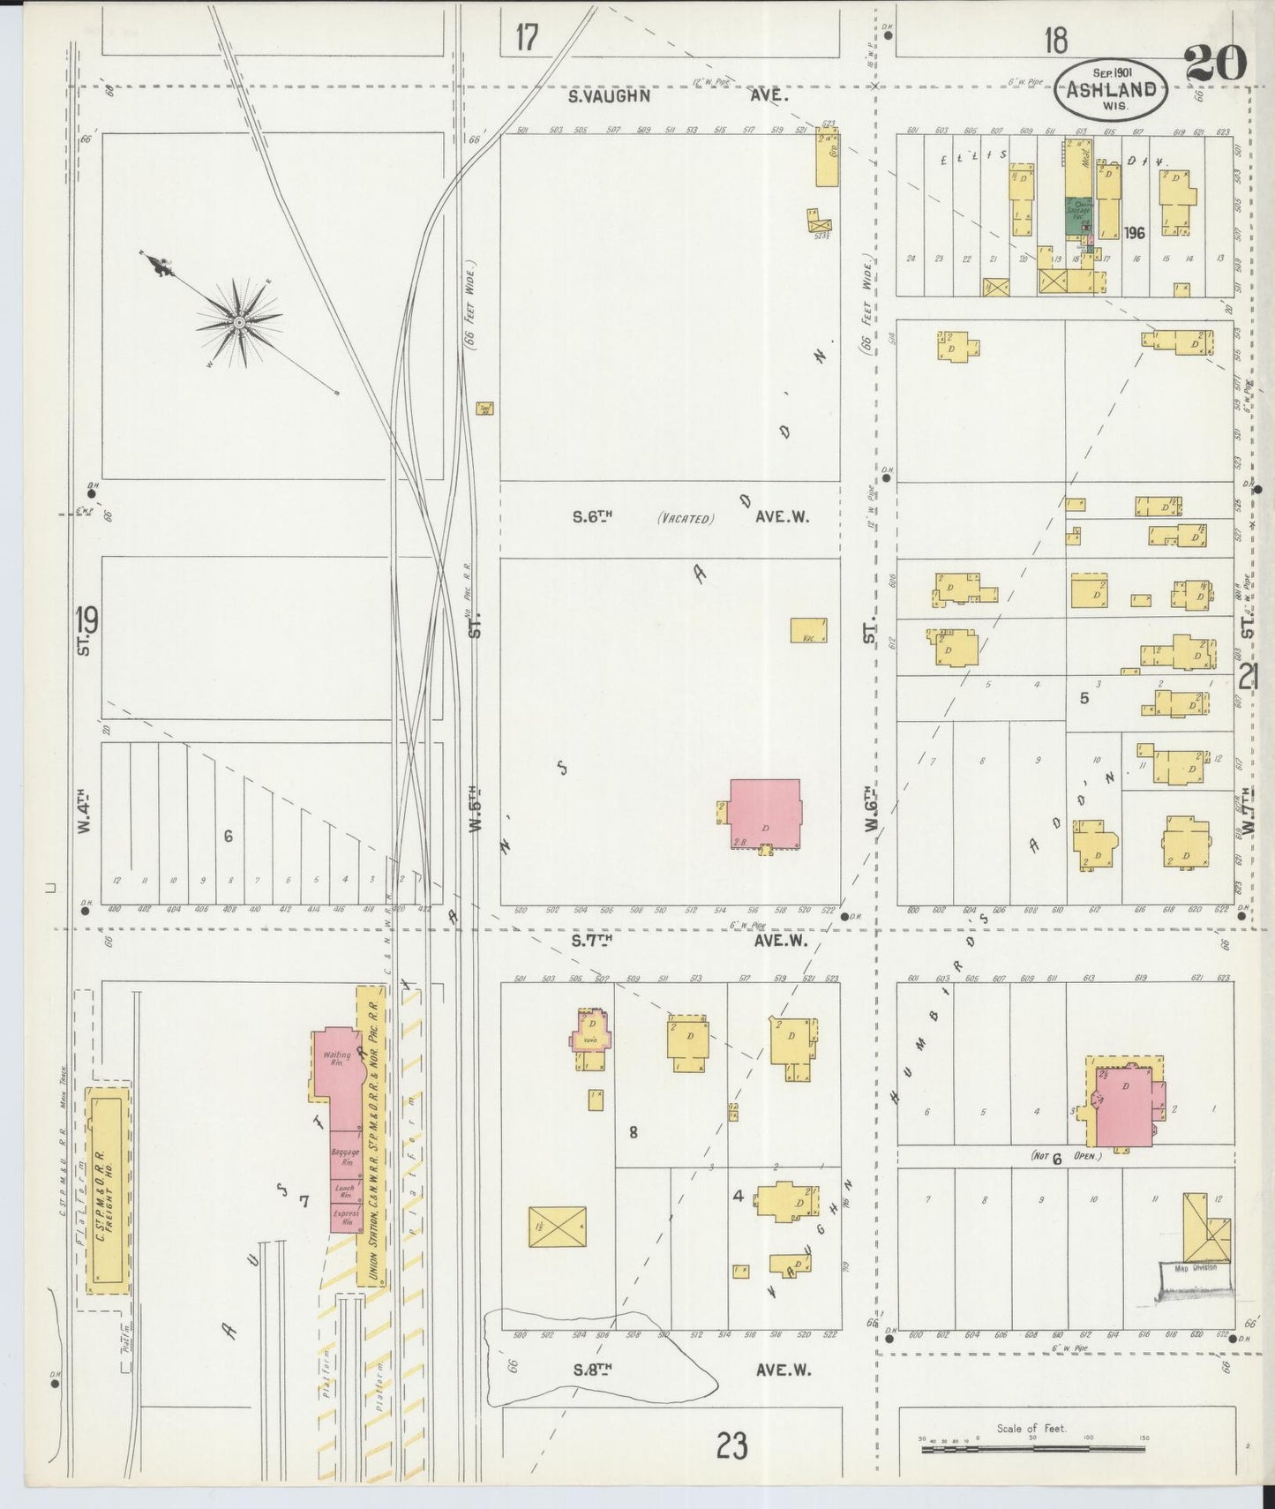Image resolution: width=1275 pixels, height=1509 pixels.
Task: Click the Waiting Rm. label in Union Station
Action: click(x=337, y=1059)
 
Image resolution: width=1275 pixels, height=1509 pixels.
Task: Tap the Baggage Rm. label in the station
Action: click(x=345, y=1156)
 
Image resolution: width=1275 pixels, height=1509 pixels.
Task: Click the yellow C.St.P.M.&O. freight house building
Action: click(x=108, y=1209)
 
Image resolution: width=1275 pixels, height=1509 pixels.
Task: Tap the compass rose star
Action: click(x=238, y=323)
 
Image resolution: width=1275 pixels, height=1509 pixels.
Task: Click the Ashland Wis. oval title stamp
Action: click(x=1112, y=90)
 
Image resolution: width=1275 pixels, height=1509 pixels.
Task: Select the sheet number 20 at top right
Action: click(x=1215, y=64)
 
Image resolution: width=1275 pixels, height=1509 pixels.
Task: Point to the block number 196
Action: click(x=1135, y=233)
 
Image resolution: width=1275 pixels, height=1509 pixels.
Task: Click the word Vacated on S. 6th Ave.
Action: click(x=685, y=519)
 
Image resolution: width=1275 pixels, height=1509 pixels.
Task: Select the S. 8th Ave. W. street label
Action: click(x=688, y=1370)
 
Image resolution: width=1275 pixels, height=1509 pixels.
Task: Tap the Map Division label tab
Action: click(x=1195, y=1268)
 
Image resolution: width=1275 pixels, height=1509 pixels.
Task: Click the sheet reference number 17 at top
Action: click(x=526, y=38)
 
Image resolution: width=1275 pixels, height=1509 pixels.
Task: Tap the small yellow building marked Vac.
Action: click(x=808, y=629)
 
